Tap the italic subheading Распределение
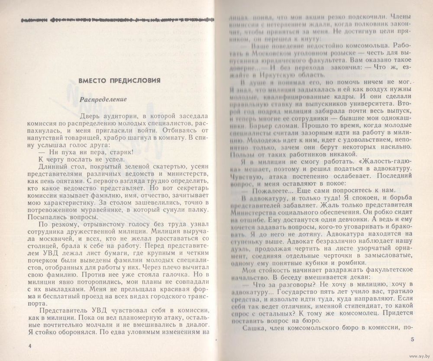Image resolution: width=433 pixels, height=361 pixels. coord(103,99)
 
